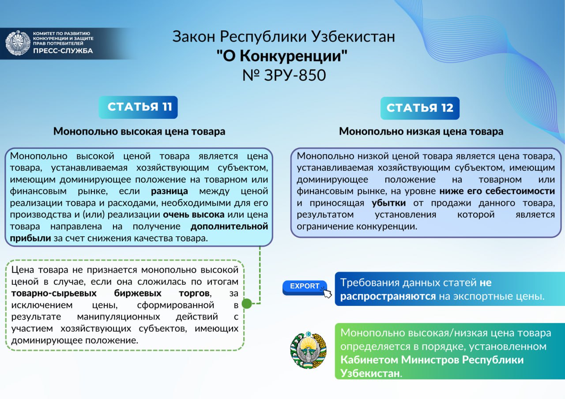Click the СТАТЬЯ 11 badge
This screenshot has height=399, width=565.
pos(138,107)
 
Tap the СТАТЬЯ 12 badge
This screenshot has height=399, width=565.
pos(420,108)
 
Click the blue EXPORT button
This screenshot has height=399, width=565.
pos(305,287)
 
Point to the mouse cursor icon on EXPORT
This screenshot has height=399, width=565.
pos(327,294)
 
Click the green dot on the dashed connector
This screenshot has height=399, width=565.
pos(247,303)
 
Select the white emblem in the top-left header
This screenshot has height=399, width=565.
pos(18,43)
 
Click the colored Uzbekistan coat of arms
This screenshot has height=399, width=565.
pos(308,350)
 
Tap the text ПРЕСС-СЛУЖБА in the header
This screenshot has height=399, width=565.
pos(63,51)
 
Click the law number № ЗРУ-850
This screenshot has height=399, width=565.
pos(284,75)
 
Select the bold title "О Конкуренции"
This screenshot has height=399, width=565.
pos(282,56)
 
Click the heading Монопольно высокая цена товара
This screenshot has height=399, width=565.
pos(139,132)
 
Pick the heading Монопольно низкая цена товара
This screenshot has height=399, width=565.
pos(421,132)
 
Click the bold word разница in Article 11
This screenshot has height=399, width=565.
pos(169,191)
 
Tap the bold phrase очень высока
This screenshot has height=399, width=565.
pos(193,215)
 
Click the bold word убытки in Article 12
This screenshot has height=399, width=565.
pos(389,203)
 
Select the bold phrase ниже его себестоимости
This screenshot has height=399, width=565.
pos(497,191)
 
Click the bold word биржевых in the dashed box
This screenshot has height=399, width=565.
pos(138,294)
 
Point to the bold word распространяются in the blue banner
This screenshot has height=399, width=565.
pos(388,297)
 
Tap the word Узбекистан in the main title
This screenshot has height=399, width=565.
pos(353,37)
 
